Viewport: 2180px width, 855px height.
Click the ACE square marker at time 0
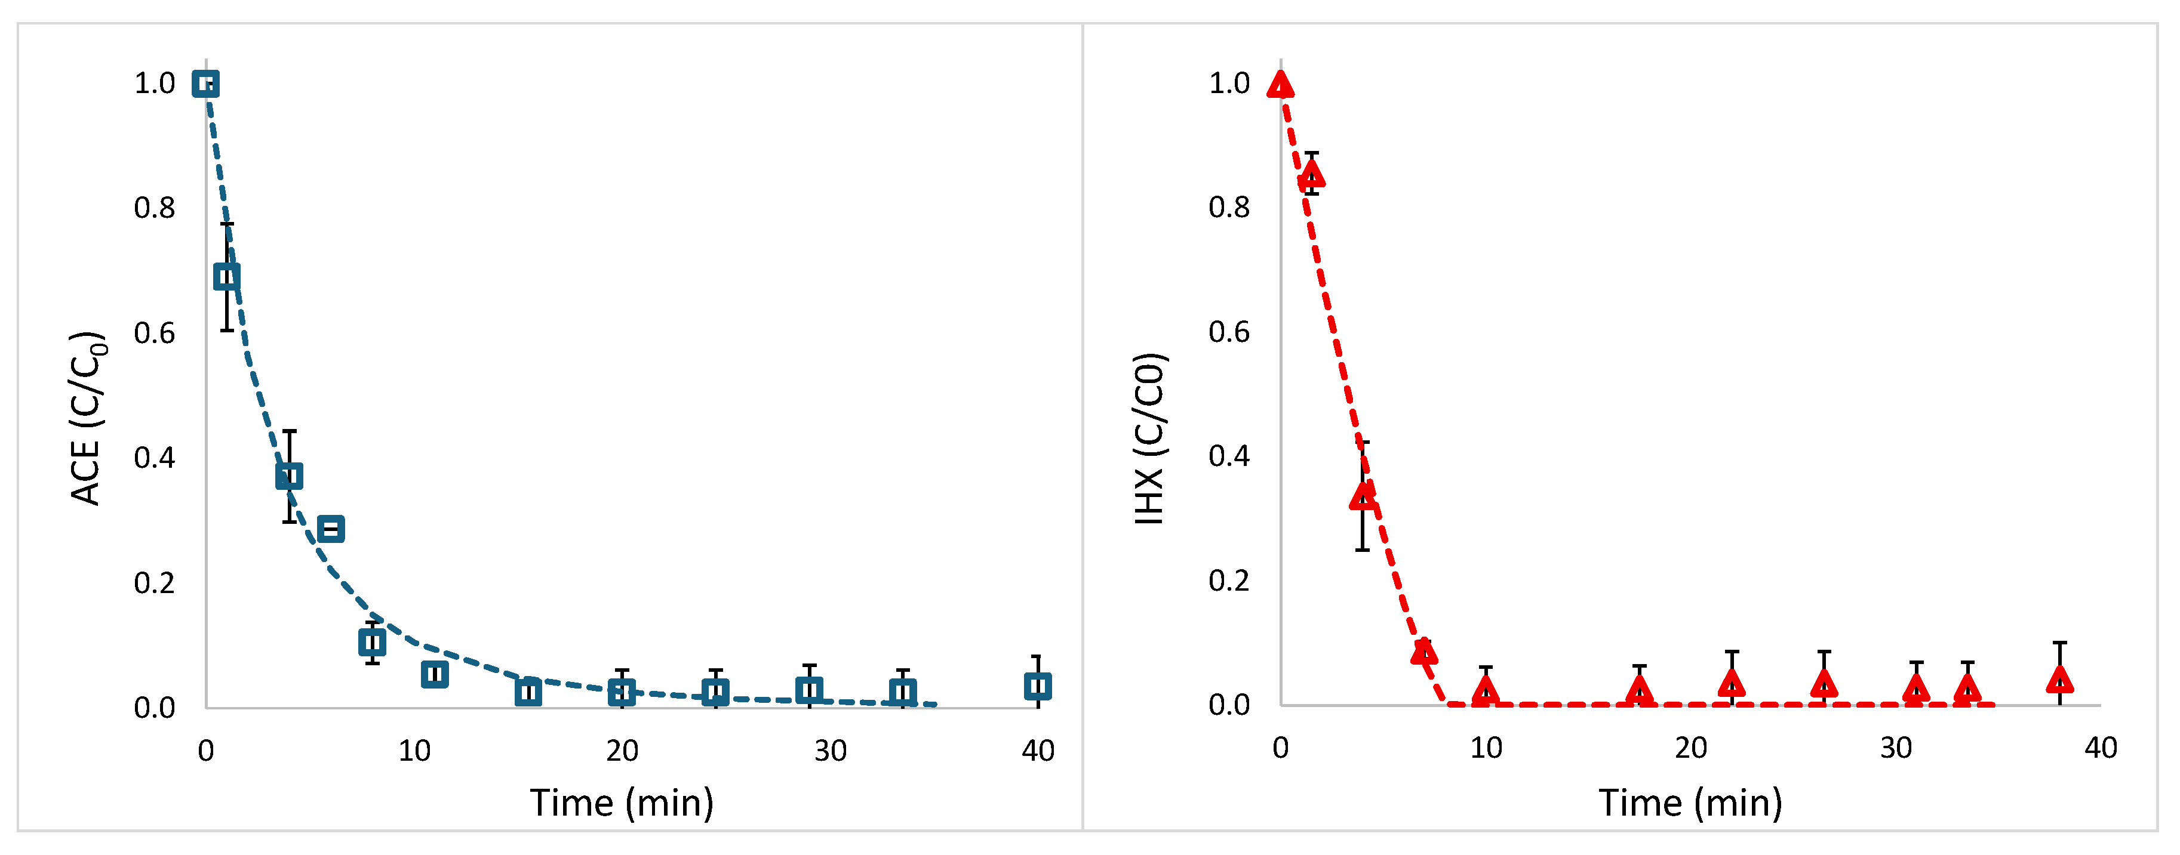pos(205,84)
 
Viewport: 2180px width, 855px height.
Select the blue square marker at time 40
pos(1038,686)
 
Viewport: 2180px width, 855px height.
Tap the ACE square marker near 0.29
pos(331,529)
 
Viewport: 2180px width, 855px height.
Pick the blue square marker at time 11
pos(434,674)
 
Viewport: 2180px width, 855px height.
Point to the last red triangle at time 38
pos(2060,679)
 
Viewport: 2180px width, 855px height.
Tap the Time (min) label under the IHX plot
pos(1690,802)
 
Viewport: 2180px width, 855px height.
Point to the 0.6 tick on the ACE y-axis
pos(155,333)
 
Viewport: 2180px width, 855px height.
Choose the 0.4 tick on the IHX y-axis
pos(1229,456)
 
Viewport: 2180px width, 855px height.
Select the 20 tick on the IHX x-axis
pos(1691,748)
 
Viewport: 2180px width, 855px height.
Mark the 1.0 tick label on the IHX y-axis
pos(1229,84)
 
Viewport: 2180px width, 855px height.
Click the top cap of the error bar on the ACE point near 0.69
pos(227,224)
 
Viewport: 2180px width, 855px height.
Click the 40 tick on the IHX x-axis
pos(2101,748)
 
